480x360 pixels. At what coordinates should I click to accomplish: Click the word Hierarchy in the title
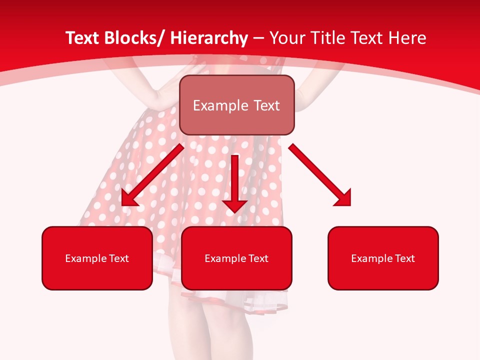click(209, 38)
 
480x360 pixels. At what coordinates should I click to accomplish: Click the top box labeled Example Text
click(236, 105)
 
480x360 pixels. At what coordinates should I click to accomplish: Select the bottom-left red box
click(97, 258)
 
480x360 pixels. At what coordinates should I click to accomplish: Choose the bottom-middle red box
click(236, 258)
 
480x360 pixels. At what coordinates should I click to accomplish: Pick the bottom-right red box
click(383, 258)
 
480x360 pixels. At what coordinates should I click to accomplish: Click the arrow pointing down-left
click(152, 175)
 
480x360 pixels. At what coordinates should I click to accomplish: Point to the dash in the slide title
click(258, 38)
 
